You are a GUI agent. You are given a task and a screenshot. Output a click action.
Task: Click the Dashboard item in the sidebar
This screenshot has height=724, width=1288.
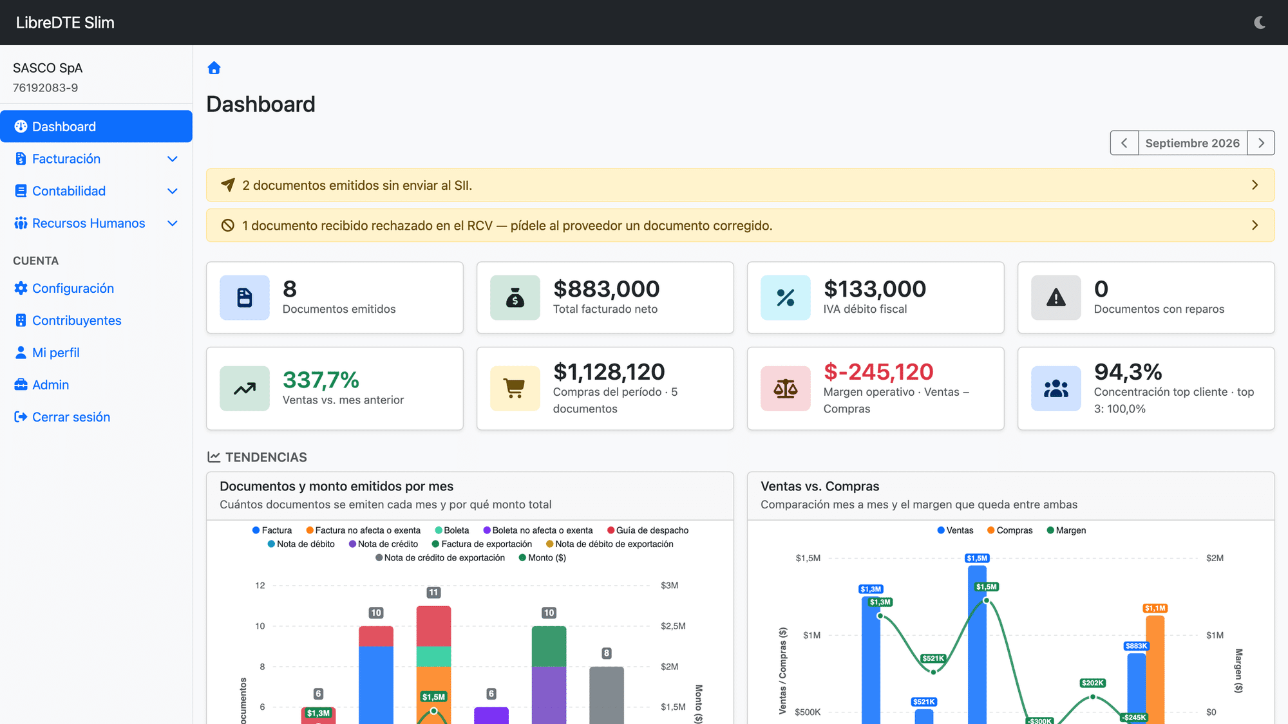tap(96, 126)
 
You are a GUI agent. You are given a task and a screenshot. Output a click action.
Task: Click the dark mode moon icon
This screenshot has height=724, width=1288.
tap(1260, 23)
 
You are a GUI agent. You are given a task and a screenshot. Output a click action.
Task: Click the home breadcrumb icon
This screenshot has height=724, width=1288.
tap(214, 68)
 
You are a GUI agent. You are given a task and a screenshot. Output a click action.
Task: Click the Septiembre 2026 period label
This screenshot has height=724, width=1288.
tap(1192, 143)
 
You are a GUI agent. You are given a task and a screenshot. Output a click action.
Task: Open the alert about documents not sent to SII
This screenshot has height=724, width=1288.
tap(740, 185)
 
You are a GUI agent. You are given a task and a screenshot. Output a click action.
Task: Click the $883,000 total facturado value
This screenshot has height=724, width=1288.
tap(606, 289)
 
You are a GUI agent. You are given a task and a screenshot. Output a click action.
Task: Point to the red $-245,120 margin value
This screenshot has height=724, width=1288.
tap(878, 371)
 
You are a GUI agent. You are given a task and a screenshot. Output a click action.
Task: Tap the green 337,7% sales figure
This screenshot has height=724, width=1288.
tap(321, 380)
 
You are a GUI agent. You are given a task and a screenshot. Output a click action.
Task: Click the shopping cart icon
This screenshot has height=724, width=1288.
tap(515, 389)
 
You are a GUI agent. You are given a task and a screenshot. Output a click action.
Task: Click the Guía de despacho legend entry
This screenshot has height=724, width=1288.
tap(648, 530)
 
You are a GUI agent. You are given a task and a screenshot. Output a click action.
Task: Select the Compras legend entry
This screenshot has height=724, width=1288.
tap(1010, 530)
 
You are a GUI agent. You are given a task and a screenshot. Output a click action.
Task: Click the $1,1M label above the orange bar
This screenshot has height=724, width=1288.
tap(1155, 608)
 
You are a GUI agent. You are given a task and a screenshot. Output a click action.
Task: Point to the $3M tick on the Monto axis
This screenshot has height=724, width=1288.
tap(669, 586)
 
